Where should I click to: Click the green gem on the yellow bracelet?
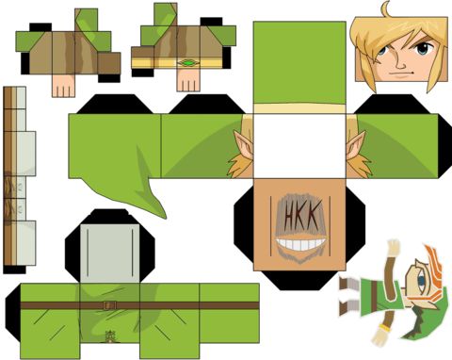point(188,63)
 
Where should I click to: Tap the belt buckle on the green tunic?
point(109,305)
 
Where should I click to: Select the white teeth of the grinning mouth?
point(300,244)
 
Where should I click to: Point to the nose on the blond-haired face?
point(400,62)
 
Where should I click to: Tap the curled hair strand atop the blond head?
point(385,9)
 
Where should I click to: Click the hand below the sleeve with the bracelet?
point(188,80)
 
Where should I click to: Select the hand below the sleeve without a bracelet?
point(63,86)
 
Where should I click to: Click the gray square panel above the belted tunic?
point(110,254)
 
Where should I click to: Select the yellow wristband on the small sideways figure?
point(384,328)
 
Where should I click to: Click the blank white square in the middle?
point(299,146)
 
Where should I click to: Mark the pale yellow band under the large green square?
point(299,108)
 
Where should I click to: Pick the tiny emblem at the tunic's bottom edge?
point(109,336)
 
